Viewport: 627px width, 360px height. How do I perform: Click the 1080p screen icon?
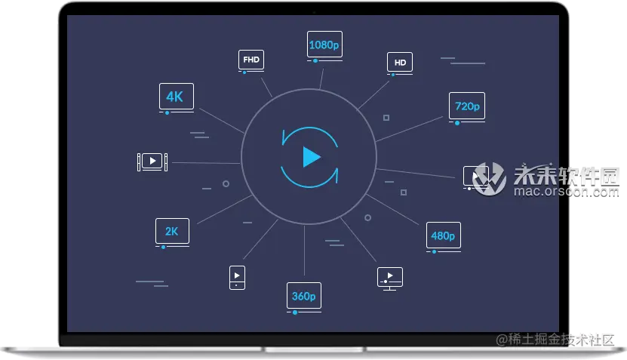pyautogui.click(x=324, y=45)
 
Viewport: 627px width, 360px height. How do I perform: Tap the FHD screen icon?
pyautogui.click(x=251, y=60)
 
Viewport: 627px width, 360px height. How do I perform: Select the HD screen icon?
pyautogui.click(x=400, y=63)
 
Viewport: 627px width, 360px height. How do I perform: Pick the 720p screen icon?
pyautogui.click(x=467, y=106)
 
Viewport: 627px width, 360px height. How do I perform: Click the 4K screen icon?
pyautogui.click(x=176, y=97)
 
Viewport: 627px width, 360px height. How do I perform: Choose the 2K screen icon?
pyautogui.click(x=172, y=232)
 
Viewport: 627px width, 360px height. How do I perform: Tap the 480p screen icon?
pyautogui.click(x=443, y=235)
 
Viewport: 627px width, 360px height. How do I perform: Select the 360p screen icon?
pyautogui.click(x=303, y=296)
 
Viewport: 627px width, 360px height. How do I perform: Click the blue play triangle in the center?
pyautogui.click(x=310, y=157)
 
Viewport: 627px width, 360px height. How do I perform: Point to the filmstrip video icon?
pyautogui.click(x=152, y=161)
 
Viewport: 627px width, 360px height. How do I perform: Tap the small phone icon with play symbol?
pyautogui.click(x=237, y=277)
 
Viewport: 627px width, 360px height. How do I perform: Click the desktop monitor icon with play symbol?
pyautogui.click(x=389, y=277)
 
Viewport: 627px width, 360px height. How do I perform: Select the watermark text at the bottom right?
pyautogui.click(x=555, y=340)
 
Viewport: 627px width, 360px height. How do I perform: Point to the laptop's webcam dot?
pyautogui.click(x=313, y=12)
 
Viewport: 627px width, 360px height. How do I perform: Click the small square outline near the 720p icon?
pyautogui.click(x=386, y=118)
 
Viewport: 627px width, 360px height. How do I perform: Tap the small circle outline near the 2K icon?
pyautogui.click(x=226, y=183)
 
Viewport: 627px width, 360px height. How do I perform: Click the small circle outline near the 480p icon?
pyautogui.click(x=367, y=217)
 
